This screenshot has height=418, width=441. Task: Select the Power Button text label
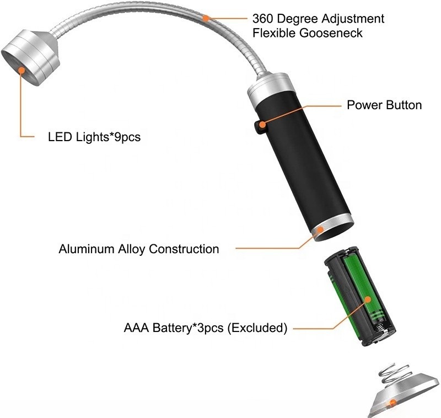pos(384,105)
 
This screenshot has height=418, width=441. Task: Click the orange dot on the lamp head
pos(22,70)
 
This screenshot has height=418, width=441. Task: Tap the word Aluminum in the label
pos(86,249)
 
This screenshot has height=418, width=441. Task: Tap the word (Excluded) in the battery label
pos(257,328)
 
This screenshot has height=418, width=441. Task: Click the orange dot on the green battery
pos(366,300)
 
